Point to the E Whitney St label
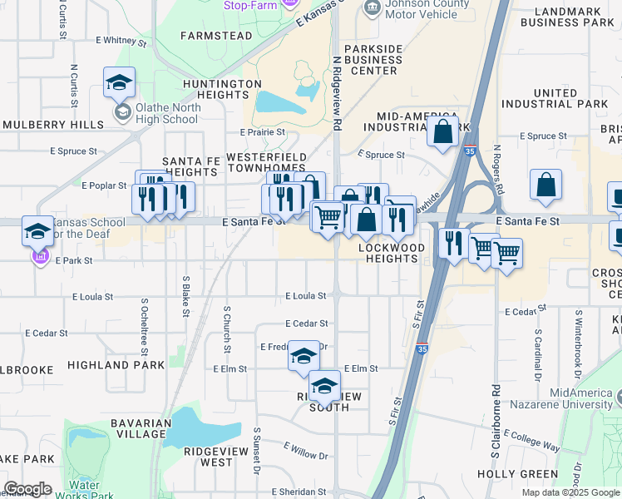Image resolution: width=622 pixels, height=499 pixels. click(121, 40)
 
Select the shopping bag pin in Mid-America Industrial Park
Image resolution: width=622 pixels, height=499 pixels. click(443, 131)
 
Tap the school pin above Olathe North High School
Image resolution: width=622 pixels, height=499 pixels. click(120, 82)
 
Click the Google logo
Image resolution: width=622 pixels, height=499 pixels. click(27, 489)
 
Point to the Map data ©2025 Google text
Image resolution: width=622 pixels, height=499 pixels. click(570, 492)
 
